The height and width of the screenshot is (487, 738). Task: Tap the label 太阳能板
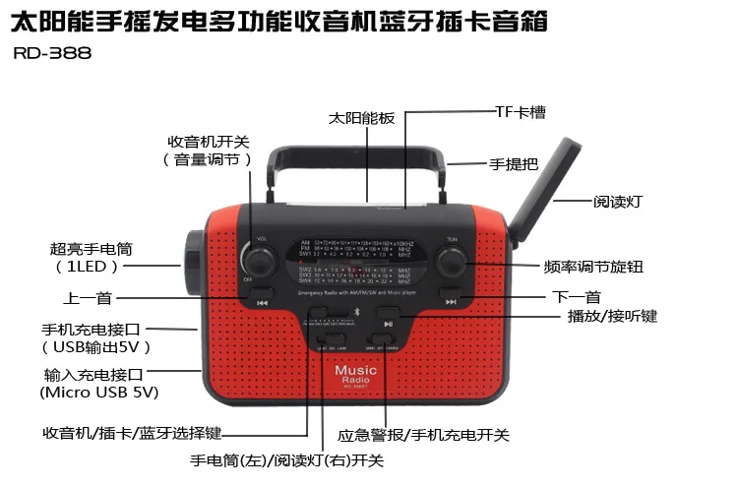tap(361, 117)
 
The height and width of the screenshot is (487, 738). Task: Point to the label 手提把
tap(511, 165)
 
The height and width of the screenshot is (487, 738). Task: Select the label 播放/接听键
tap(612, 316)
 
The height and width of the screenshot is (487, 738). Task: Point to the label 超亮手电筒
tap(89, 249)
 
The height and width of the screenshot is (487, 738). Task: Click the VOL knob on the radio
tap(261, 260)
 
